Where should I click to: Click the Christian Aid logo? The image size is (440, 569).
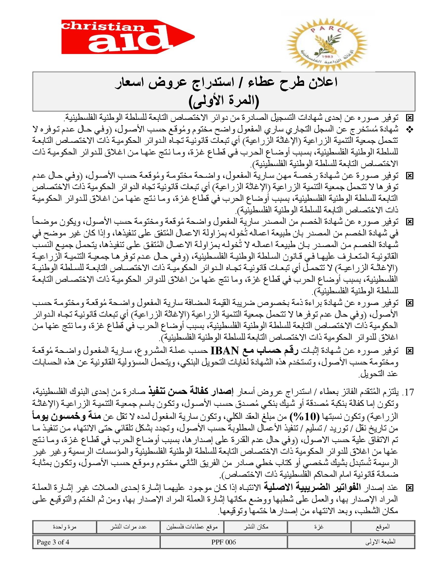coord(128,37)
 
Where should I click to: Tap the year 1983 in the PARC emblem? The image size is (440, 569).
coord(326,57)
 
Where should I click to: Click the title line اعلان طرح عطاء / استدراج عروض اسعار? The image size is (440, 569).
coord(226,83)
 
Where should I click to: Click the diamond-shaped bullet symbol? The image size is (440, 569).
coord(410,130)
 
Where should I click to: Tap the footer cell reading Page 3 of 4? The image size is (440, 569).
coord(53,542)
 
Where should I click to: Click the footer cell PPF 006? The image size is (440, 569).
coord(224,542)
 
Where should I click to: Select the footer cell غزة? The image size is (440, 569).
coord(319,527)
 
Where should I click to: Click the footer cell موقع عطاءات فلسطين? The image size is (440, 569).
coord(192,527)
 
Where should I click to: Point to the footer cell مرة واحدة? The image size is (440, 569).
coord(64,527)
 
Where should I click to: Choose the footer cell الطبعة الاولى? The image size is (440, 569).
coord(380,542)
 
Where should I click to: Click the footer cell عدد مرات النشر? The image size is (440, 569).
coord(128,527)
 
